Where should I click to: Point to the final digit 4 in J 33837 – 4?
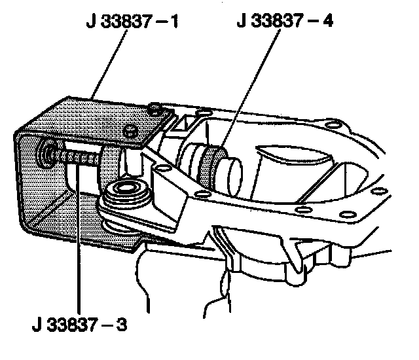click(x=327, y=22)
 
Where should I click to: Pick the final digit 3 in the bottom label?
click(x=122, y=324)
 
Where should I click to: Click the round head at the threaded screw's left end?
click(x=47, y=154)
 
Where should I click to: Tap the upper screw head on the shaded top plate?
click(x=155, y=108)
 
